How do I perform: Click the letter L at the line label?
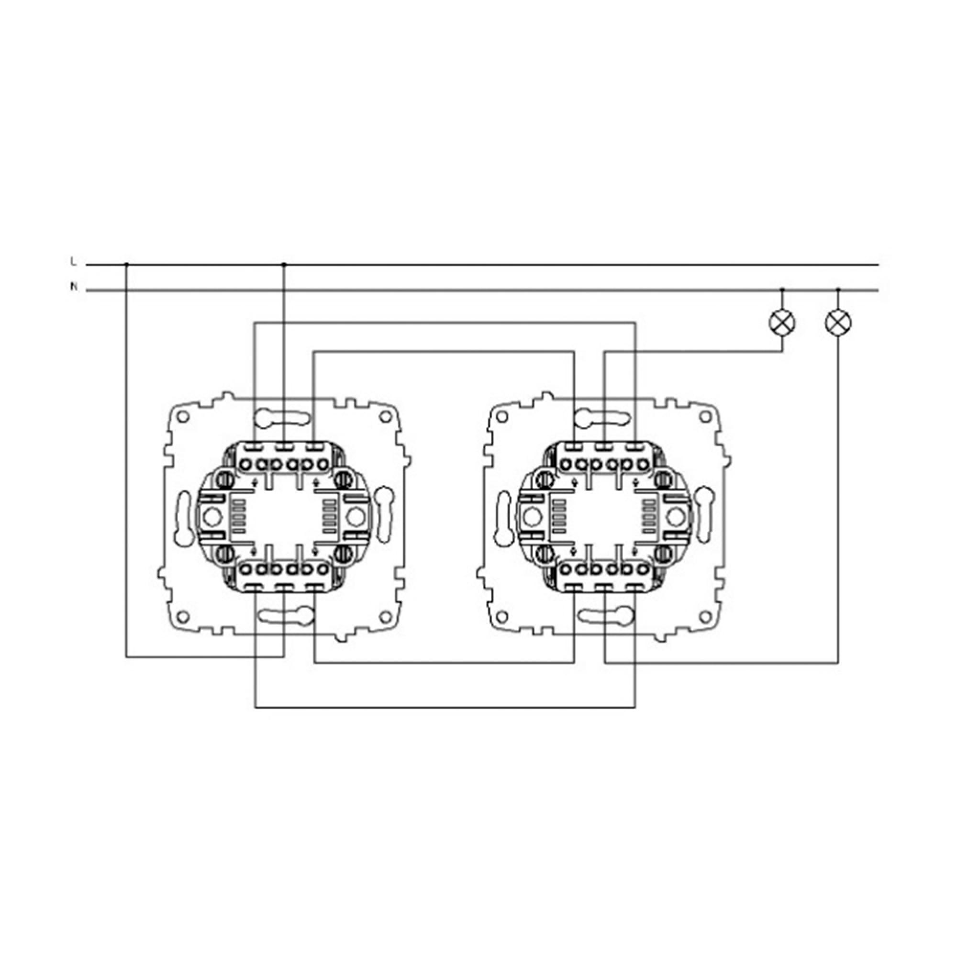point(73,262)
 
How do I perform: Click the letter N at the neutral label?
point(73,287)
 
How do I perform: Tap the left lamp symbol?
point(782,323)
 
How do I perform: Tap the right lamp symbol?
point(838,323)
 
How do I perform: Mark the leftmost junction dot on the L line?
point(127,265)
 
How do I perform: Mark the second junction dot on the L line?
point(284,265)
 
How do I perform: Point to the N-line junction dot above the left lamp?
point(782,289)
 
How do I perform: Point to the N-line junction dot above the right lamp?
point(838,289)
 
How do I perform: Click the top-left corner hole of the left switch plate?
point(183,417)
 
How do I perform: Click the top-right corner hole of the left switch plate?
point(385,417)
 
